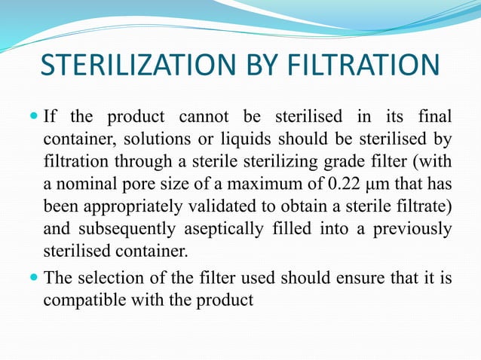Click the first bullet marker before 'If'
35,117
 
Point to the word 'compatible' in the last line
81,300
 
